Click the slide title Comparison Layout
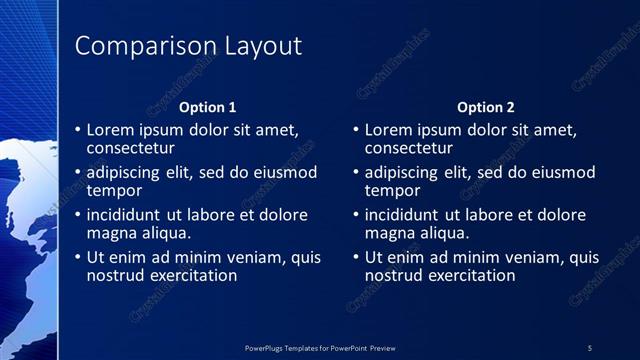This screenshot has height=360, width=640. [x=188, y=46]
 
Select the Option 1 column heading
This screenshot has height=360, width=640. [x=208, y=107]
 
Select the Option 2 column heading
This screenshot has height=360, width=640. [x=486, y=107]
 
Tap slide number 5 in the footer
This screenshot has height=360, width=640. [x=590, y=347]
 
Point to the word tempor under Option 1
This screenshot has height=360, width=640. [x=114, y=190]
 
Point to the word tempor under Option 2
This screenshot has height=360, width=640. [x=392, y=190]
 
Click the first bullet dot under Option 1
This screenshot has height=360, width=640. [x=79, y=130]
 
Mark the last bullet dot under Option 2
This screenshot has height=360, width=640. [x=357, y=257]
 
